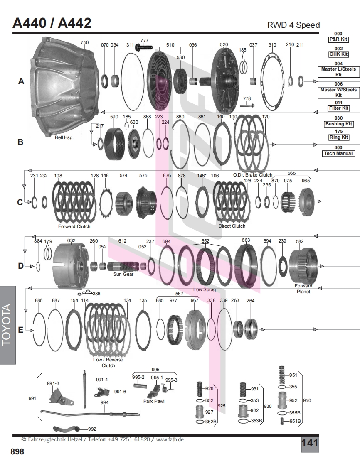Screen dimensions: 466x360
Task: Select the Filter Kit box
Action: (x=338, y=108)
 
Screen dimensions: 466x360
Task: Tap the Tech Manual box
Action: (x=338, y=153)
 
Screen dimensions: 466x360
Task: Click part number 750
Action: (x=85, y=42)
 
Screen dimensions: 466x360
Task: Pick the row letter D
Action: (x=21, y=266)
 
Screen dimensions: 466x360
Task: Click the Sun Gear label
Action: (x=123, y=274)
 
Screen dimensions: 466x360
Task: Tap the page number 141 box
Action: (x=310, y=443)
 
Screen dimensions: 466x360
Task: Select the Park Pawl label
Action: (x=154, y=401)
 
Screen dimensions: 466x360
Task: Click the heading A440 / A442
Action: (x=52, y=23)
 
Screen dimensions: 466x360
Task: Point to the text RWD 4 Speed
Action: (x=293, y=25)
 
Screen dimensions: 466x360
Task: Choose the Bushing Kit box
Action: (x=338, y=124)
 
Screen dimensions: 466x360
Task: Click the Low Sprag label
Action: (x=205, y=289)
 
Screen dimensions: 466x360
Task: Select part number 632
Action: (x=72, y=240)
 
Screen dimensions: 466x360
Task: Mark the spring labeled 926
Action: (x=199, y=389)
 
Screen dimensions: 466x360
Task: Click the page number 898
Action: (x=17, y=451)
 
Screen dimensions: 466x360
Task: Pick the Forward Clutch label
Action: (x=74, y=226)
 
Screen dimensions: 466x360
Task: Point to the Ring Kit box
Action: (x=338, y=137)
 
